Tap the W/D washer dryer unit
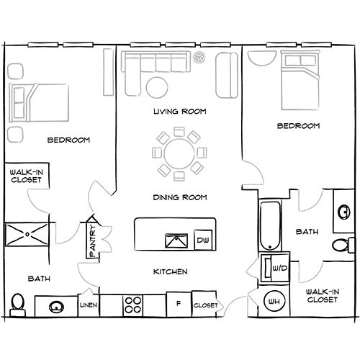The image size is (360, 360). pos(274,268)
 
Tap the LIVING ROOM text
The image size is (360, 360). pos(180,112)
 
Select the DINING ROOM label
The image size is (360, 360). pos(180,197)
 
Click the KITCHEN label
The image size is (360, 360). pos(171,272)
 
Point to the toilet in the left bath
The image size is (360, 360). pos(19,304)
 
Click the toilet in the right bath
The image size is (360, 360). pos(339,245)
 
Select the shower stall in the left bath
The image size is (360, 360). pos(27,234)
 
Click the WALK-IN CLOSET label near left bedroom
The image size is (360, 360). pos(24,177)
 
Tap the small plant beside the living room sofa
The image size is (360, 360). pos(201,57)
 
